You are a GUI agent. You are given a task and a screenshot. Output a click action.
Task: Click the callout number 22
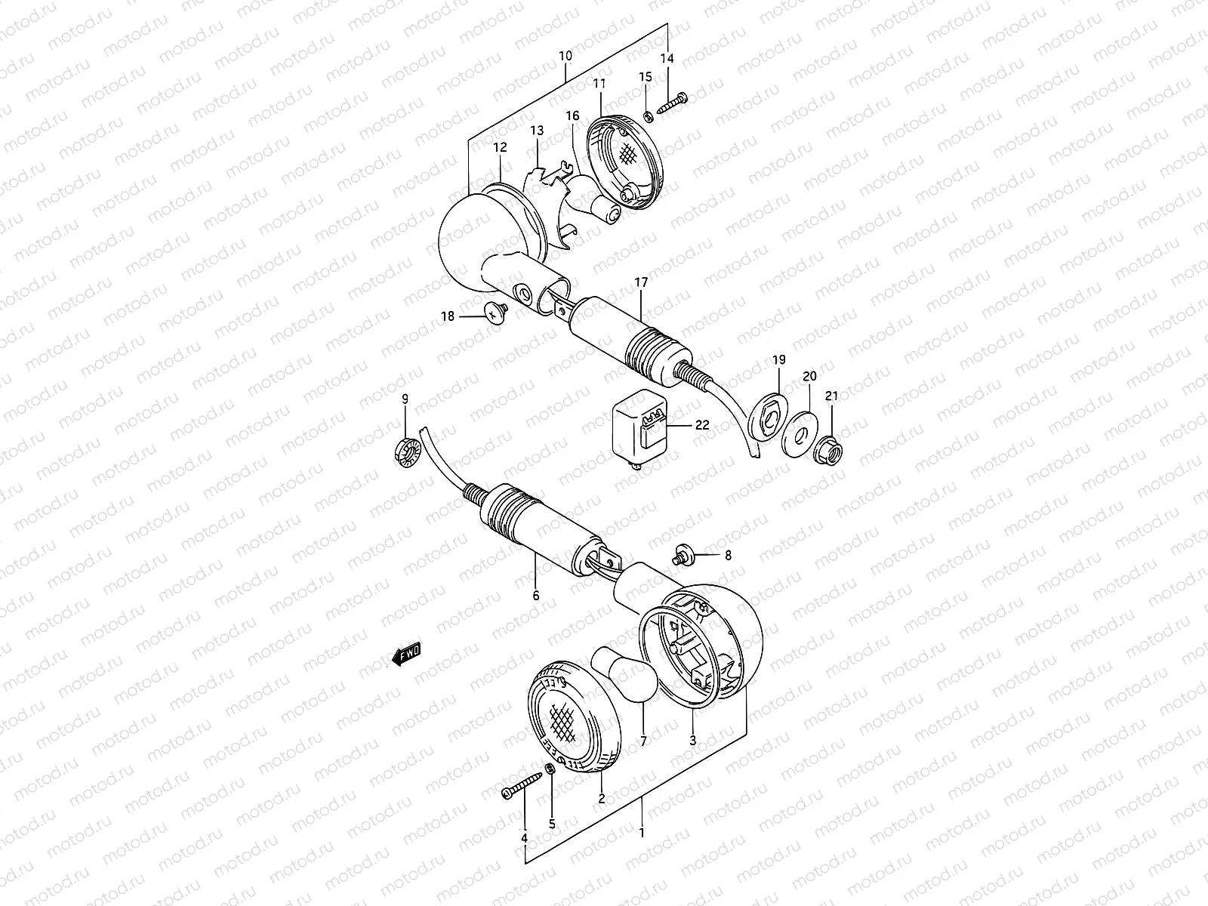pyautogui.click(x=702, y=425)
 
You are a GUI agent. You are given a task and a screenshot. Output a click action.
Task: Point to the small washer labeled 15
pyautogui.click(x=648, y=116)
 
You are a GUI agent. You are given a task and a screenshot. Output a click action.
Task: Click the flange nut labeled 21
pyautogui.click(x=829, y=452)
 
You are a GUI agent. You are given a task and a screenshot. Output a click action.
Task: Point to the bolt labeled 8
pyautogui.click(x=684, y=556)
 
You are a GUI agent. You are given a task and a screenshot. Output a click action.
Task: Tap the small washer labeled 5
pyautogui.click(x=550, y=790)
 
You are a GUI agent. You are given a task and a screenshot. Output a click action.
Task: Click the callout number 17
pyautogui.click(x=641, y=283)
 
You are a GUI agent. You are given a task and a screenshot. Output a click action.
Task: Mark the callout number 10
pyautogui.click(x=565, y=56)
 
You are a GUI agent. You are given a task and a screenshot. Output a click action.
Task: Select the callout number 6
pyautogui.click(x=535, y=596)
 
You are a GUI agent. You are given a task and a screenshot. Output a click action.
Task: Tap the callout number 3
pyautogui.click(x=692, y=741)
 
